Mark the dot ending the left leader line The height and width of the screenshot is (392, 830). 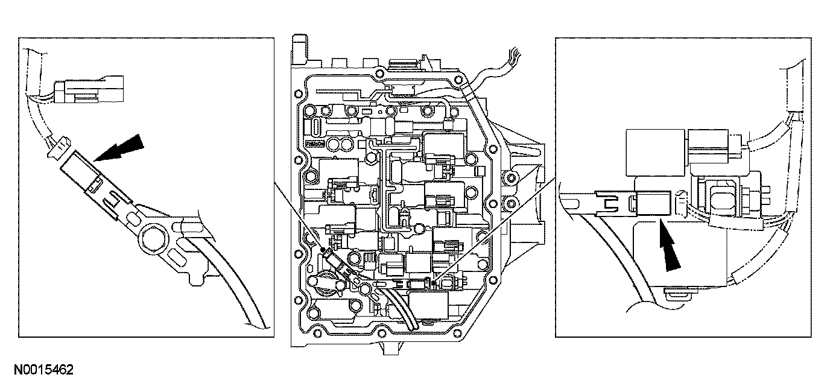click(323, 249)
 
